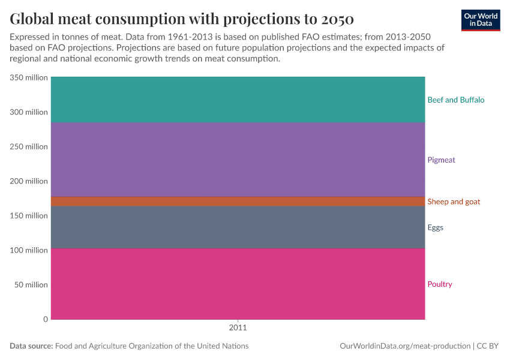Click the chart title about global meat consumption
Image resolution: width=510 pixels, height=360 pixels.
(182, 18)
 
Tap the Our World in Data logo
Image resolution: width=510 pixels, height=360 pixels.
(480, 20)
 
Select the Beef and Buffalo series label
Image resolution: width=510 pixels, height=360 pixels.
(455, 100)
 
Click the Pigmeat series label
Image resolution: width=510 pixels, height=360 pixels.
(441, 160)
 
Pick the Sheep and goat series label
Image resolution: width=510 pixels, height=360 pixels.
(454, 202)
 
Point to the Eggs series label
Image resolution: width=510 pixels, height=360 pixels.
(435, 227)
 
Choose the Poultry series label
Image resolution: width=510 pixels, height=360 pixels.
(439, 284)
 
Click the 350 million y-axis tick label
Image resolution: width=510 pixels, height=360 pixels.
(28, 77)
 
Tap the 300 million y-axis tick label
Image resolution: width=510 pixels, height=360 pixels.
(28, 112)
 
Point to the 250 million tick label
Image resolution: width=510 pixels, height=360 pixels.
(28, 146)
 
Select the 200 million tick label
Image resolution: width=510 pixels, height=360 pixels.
(28, 181)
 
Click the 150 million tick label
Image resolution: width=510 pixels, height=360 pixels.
(28, 215)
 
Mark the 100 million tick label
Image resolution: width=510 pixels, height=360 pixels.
(28, 250)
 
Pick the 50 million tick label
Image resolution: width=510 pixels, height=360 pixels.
(31, 284)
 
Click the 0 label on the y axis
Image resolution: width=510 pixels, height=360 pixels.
(45, 319)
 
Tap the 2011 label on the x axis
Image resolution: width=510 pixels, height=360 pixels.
(238, 328)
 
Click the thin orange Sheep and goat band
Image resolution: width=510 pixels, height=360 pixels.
(238, 202)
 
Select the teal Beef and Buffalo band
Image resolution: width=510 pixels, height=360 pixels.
(238, 100)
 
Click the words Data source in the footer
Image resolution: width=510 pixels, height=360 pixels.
(31, 346)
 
